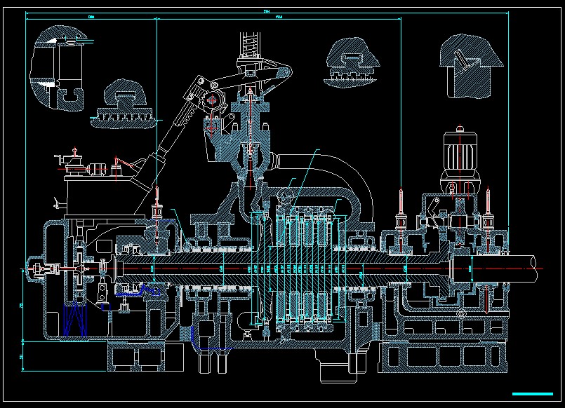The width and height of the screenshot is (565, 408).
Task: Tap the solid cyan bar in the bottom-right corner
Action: tap(533, 393)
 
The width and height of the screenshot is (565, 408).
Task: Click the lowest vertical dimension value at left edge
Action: tap(21, 358)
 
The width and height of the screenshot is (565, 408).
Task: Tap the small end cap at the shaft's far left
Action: tap(32, 269)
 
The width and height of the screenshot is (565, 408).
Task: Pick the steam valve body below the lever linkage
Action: tap(248, 140)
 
